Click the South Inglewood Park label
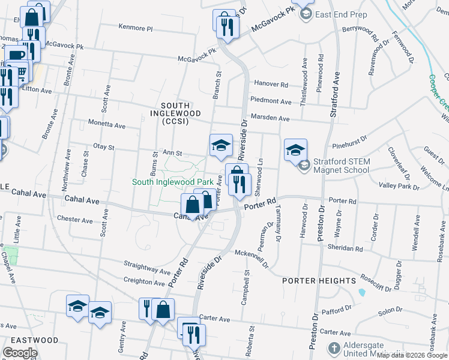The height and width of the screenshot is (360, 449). pyautogui.click(x=173, y=181)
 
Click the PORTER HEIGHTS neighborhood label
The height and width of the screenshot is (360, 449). pyautogui.click(x=319, y=281)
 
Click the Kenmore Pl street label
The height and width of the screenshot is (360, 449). pyautogui.click(x=136, y=28)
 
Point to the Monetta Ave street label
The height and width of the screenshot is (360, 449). pyautogui.click(x=107, y=126)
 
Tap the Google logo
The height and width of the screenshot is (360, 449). pyautogui.click(x=20, y=353)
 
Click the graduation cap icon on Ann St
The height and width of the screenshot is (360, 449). pyautogui.click(x=221, y=144)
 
